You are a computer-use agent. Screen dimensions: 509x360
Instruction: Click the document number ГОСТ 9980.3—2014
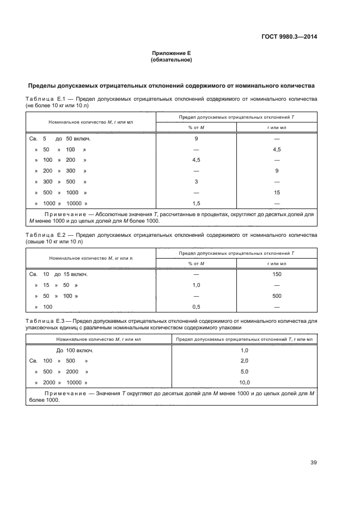[x=289, y=37]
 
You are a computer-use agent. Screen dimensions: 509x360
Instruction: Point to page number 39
[x=313, y=462]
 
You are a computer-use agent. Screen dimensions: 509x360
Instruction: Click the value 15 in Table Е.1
[x=277, y=192]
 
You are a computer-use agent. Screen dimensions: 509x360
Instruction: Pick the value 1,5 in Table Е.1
[x=196, y=203]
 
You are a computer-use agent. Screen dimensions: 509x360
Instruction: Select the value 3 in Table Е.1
[x=196, y=181]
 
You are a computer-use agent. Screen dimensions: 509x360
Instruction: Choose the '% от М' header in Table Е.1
[x=196, y=127]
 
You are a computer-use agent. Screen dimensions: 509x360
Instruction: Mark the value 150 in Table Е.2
[x=277, y=274]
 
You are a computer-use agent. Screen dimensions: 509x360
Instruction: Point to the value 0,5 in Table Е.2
[x=196, y=306]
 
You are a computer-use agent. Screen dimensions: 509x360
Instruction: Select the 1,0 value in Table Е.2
[x=196, y=285]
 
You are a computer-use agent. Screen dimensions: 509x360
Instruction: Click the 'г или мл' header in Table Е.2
[x=277, y=263]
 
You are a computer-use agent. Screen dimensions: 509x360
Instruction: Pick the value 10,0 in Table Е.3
[x=244, y=382]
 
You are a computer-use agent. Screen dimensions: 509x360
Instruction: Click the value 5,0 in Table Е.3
[x=244, y=371]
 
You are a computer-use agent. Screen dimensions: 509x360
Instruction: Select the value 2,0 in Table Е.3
[x=244, y=360]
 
